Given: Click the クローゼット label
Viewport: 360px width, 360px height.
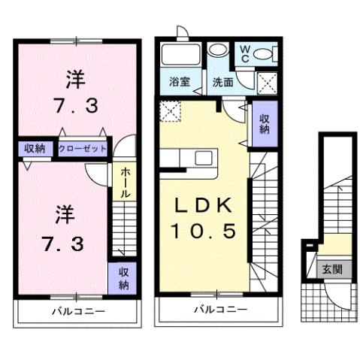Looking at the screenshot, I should (83, 148).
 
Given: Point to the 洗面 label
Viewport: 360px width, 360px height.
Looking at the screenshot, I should (222, 81).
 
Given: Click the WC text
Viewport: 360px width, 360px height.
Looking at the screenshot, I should (245, 53).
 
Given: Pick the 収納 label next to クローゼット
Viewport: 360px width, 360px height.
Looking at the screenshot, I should (33, 148).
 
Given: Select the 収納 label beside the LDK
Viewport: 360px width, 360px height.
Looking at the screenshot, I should (265, 124).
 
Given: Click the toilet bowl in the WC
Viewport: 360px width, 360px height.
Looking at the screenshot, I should (262, 53).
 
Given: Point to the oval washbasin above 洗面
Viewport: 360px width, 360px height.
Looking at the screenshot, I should (218, 51).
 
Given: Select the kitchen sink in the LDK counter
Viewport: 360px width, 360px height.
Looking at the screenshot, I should (204, 158).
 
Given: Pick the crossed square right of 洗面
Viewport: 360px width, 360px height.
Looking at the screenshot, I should (265, 82).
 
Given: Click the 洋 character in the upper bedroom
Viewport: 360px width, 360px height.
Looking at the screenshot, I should (74, 77).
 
